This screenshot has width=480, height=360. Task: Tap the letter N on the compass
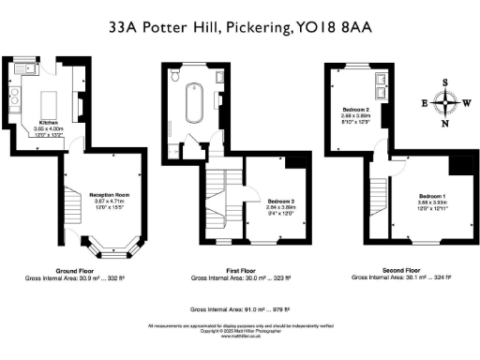(445, 123)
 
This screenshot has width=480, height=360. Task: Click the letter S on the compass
(445, 82)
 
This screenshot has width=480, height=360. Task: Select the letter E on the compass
(425, 102)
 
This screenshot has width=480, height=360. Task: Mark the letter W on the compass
(467, 102)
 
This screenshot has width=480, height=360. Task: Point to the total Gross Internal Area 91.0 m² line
(240, 307)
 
